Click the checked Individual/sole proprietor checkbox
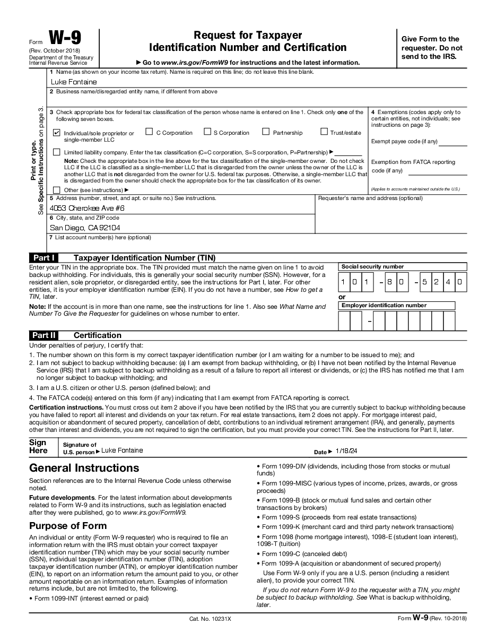click(x=57, y=133)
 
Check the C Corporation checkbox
click(x=149, y=132)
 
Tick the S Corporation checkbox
click(x=207, y=132)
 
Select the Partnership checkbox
click(x=266, y=132)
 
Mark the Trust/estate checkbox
click(x=324, y=132)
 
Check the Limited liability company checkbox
click(x=57, y=152)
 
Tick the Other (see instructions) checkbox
click(x=57, y=190)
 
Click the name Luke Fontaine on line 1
click(x=74, y=82)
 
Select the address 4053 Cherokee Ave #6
click(x=87, y=209)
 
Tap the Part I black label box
click(x=43, y=258)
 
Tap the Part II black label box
click(x=43, y=335)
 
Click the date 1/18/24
click(x=346, y=451)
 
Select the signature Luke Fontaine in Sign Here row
click(x=122, y=450)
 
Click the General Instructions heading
click(x=84, y=468)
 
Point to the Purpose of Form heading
click(x=68, y=526)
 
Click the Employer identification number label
click(x=384, y=306)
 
